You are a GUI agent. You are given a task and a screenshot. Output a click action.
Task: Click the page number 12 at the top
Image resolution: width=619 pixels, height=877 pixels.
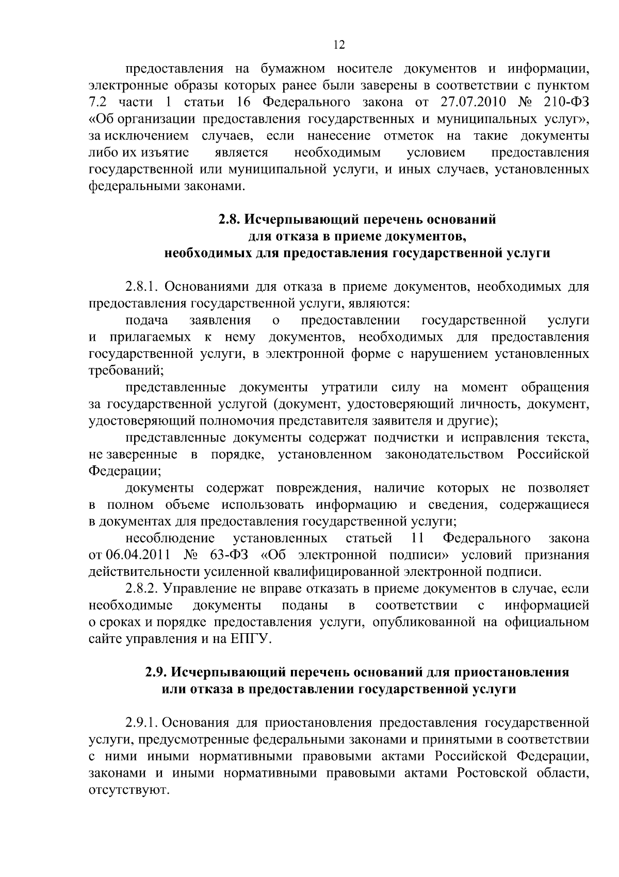click(339, 45)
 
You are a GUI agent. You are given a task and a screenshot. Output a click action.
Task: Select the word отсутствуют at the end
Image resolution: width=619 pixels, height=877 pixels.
click(128, 791)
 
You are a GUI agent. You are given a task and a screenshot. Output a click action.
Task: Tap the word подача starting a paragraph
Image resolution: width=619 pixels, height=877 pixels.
click(147, 320)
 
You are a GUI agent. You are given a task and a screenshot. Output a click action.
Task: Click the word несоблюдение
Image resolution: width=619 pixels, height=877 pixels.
click(170, 538)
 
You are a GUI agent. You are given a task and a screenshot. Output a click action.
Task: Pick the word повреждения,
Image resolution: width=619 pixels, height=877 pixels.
click(317, 488)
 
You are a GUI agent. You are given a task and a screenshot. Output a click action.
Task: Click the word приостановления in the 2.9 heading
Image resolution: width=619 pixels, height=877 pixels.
click(510, 672)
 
